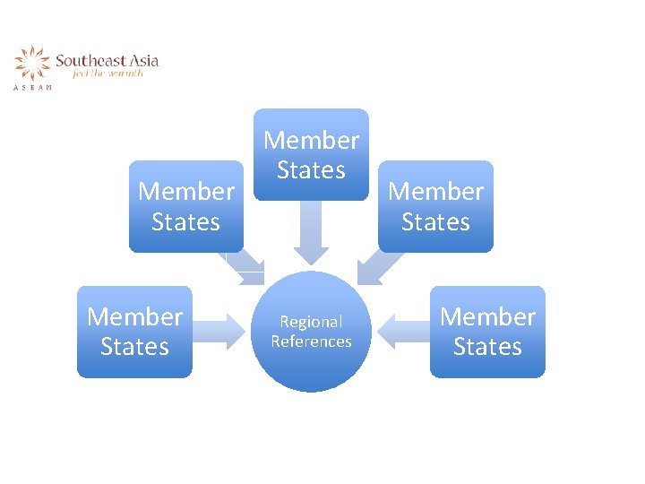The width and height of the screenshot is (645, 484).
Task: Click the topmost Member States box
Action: pos(311,154)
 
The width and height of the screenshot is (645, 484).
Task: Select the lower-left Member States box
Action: pos(134,332)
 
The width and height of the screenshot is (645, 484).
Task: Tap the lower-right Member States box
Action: pos(487,332)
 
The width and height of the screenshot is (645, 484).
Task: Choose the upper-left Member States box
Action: pos(185,206)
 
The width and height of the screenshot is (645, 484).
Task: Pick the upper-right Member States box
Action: pos(435,206)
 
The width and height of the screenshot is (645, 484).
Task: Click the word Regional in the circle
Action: pos(311,322)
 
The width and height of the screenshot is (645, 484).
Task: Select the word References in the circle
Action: pos(311,341)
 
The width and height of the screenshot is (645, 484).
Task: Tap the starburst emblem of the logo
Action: pos(32,65)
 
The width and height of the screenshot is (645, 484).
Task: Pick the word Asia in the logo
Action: pos(143,61)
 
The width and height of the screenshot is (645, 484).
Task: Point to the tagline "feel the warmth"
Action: pos(107,74)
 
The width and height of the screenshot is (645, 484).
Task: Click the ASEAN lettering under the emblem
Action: pos(32,87)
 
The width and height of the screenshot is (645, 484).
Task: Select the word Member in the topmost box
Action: pos(311,140)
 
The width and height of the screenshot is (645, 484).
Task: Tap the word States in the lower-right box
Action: pos(487,347)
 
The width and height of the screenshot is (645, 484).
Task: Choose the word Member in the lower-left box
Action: pos(134,316)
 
